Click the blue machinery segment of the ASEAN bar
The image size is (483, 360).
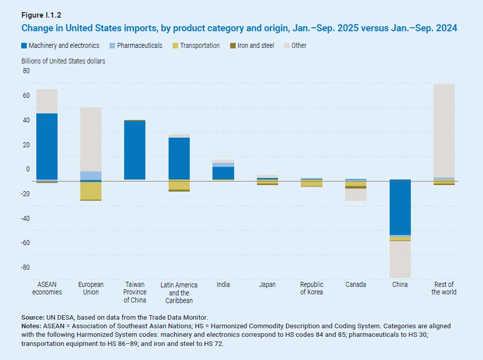47,146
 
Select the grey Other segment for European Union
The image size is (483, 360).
91,139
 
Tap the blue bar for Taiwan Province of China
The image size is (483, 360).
135,150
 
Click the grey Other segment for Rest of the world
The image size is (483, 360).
444,131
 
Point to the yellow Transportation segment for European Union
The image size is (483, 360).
91,191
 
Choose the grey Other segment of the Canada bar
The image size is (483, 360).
356,195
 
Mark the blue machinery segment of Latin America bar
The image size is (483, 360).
179,158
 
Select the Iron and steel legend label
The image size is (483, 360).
256,45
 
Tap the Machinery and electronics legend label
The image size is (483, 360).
64,45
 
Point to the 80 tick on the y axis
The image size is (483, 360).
26,71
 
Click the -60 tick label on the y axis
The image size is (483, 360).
25,243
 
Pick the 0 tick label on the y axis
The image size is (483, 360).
28,169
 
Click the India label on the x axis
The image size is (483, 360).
223,284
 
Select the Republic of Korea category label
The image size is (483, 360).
311,288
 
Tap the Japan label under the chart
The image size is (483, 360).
267,284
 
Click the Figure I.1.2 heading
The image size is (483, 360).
40,15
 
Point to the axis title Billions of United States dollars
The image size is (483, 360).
63,61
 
